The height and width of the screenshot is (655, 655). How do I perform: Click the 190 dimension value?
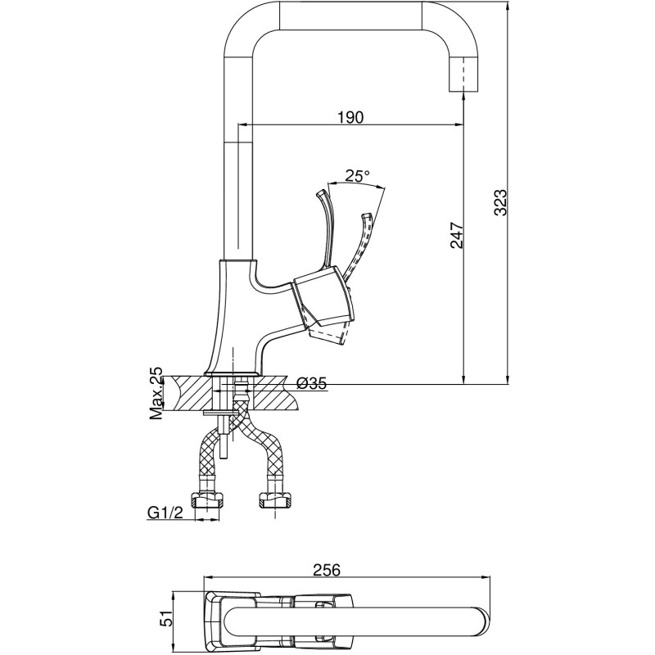(x=350, y=117)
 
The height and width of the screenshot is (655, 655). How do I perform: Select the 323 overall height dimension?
(x=500, y=202)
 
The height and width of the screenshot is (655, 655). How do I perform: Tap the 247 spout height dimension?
(x=457, y=235)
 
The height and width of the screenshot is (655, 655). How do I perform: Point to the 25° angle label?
(x=358, y=176)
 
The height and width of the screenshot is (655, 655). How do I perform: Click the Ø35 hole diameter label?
(x=312, y=383)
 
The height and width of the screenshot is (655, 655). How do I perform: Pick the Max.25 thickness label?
(x=156, y=394)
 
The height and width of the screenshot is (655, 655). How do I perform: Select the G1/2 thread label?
(x=165, y=513)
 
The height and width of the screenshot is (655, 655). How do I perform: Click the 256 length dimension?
(x=327, y=569)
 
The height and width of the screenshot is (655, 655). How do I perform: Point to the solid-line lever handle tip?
(x=321, y=194)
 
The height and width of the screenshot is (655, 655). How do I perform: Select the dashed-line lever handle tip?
(x=367, y=217)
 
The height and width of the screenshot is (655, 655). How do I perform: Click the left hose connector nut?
(x=206, y=499)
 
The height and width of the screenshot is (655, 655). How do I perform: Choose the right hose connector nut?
(x=275, y=499)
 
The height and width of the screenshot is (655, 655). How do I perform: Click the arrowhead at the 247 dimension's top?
(x=463, y=97)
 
